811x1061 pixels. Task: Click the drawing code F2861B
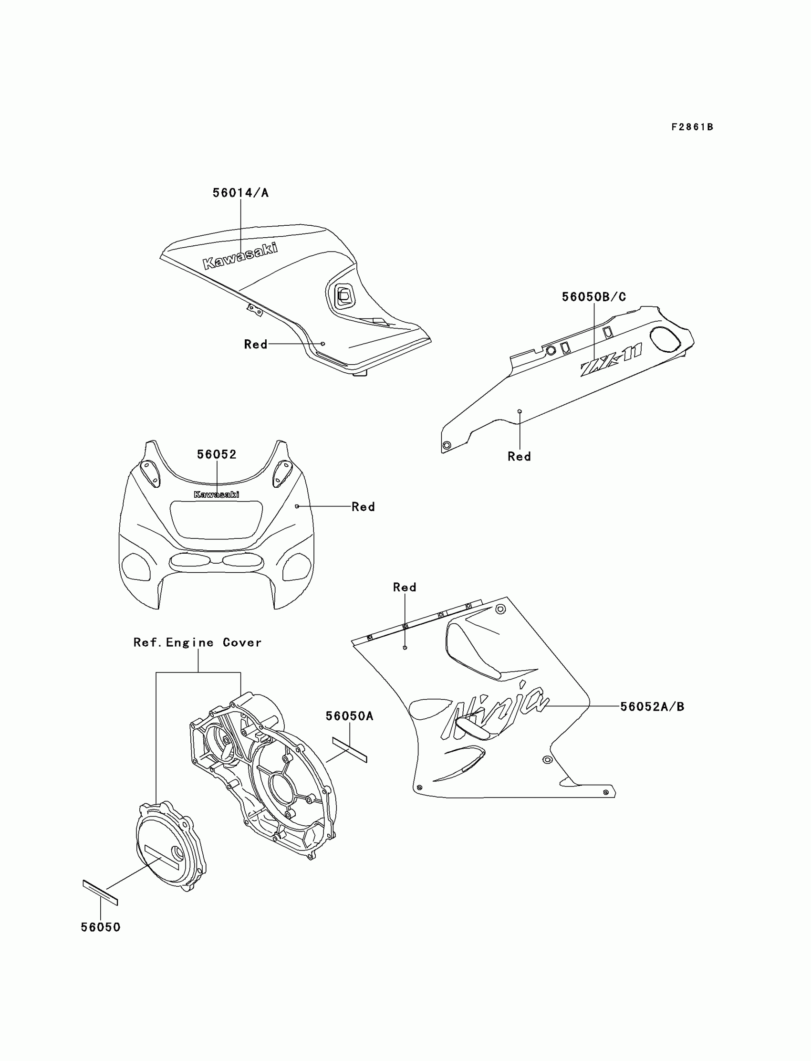coord(692,127)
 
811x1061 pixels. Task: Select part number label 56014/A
coord(240,193)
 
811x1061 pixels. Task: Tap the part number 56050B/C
coord(594,297)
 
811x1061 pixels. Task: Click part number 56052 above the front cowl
coord(217,454)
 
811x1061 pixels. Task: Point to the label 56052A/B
coord(652,706)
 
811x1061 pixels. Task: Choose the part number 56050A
coord(350,716)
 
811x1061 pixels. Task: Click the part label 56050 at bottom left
coord(100,927)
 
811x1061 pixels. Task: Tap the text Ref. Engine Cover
coord(198,642)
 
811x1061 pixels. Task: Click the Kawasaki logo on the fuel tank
coord(240,255)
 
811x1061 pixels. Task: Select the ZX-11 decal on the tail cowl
coord(611,359)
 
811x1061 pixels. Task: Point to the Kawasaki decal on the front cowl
coord(216,494)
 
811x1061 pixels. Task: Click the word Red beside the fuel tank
coord(255,344)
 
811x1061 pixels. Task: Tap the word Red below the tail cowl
coord(519,456)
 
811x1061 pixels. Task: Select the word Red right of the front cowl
coord(363,506)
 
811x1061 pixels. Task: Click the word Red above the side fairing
coord(405,587)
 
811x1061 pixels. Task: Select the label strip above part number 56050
coord(100,893)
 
